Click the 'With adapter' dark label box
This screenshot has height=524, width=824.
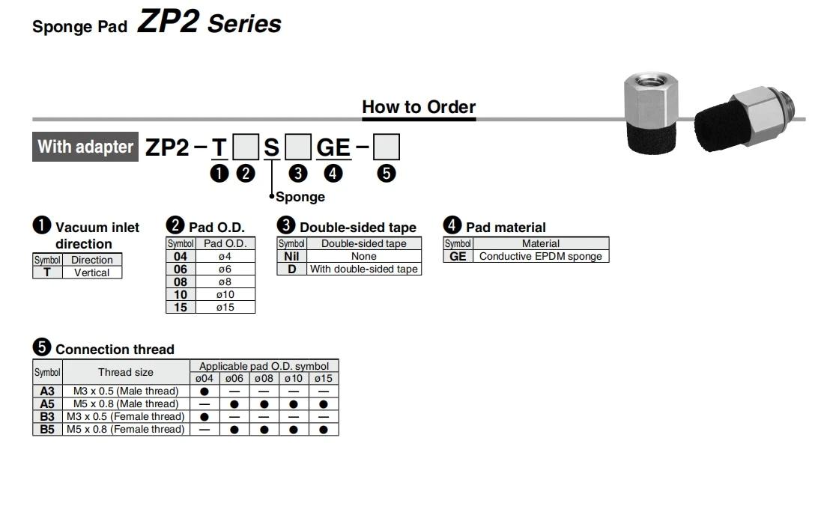point(85,147)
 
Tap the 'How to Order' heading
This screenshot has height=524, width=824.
point(419,107)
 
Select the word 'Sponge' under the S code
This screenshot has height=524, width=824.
point(300,197)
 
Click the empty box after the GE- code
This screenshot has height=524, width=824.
point(386,147)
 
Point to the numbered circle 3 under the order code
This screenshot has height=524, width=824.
point(298,174)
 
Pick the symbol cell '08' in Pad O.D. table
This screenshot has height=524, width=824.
point(181,281)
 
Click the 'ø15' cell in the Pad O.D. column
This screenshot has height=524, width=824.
point(225,307)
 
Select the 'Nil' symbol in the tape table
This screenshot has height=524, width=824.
point(291,256)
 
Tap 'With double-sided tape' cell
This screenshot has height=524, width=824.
point(364,269)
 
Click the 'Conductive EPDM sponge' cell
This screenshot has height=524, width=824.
point(540,256)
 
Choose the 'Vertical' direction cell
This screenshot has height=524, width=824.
point(91,272)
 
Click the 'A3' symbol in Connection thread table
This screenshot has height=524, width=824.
point(47,391)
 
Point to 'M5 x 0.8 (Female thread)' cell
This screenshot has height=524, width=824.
point(125,429)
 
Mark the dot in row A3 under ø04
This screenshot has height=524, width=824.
point(205,391)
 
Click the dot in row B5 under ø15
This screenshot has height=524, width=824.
point(323,430)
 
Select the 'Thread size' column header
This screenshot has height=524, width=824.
point(125,372)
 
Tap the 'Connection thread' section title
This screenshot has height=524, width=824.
point(115,350)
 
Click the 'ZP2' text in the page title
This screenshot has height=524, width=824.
point(168,22)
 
